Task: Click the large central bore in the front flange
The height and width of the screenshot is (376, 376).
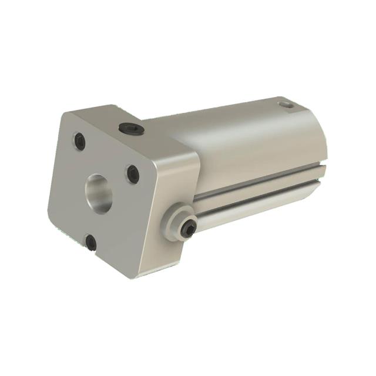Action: coord(98,193)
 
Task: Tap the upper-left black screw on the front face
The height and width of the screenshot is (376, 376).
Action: coord(80,141)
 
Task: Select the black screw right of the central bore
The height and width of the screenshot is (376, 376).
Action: coord(133,174)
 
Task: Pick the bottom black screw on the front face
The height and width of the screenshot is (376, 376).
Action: coord(91,241)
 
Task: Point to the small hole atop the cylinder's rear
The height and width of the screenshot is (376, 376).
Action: coord(286,105)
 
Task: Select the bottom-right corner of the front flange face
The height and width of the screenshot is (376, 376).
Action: coord(136,276)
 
